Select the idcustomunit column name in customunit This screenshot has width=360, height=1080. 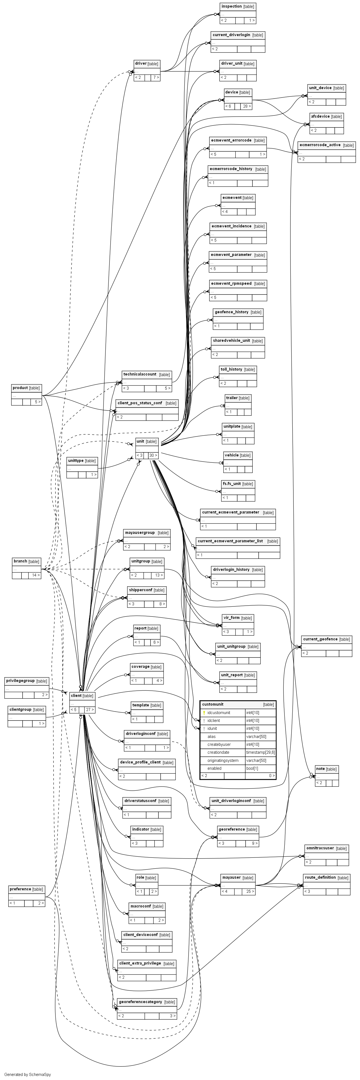pos(218,713)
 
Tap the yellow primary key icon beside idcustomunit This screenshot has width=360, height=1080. pos(204,713)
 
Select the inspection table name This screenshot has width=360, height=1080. pos(231,6)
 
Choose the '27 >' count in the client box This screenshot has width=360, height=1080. pos(90,710)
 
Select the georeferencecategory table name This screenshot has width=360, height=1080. pos(140,1001)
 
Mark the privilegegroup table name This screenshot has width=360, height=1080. pos(20,680)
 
